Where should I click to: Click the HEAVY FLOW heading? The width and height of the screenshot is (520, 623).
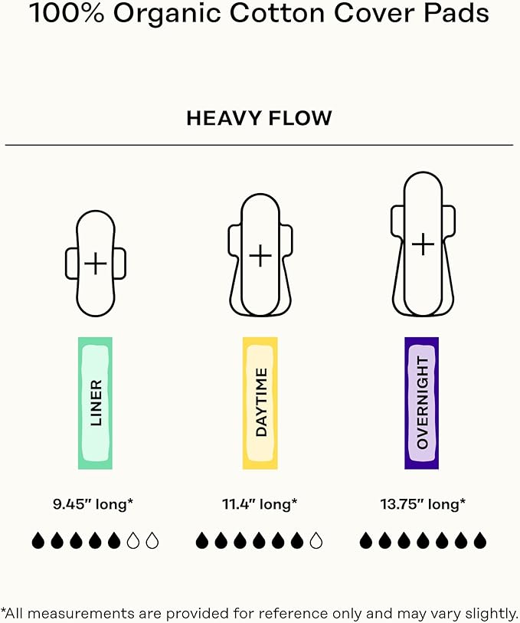(259, 118)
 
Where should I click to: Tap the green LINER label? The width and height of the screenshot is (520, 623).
(95, 403)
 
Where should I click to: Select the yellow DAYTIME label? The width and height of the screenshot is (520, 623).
(260, 403)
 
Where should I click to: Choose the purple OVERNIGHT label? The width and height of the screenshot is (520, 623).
(421, 403)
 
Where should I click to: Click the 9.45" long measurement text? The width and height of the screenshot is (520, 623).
(93, 504)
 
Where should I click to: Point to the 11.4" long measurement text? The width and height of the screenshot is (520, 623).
(260, 504)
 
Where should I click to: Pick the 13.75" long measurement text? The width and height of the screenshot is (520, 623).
(423, 504)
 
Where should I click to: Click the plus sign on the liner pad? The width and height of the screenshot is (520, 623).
(96, 263)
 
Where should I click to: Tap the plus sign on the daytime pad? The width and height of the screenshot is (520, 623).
(260, 255)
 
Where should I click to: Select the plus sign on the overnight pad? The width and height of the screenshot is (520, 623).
(424, 244)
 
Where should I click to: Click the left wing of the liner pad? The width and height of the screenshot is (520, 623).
(71, 263)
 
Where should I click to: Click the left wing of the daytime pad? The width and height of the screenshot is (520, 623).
(234, 241)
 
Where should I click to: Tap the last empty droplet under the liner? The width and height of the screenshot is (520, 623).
(152, 541)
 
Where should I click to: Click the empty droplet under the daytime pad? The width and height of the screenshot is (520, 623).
(316, 541)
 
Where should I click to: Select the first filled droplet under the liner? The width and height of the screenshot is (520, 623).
(38, 541)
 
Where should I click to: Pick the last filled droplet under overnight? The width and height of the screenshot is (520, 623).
(480, 541)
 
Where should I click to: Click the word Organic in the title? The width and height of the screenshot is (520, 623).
(167, 14)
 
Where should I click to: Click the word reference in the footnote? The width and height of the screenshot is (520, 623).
(296, 613)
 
